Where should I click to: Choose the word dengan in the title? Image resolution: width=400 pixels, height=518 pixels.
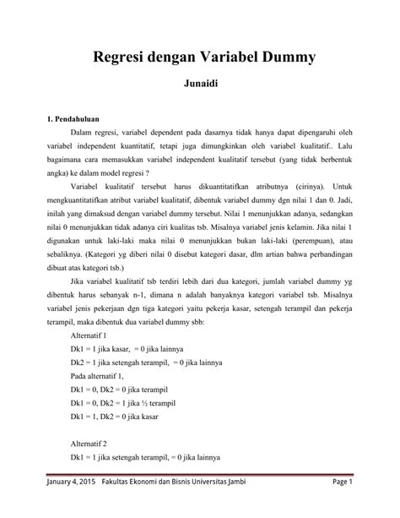pyautogui.click(x=170, y=58)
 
